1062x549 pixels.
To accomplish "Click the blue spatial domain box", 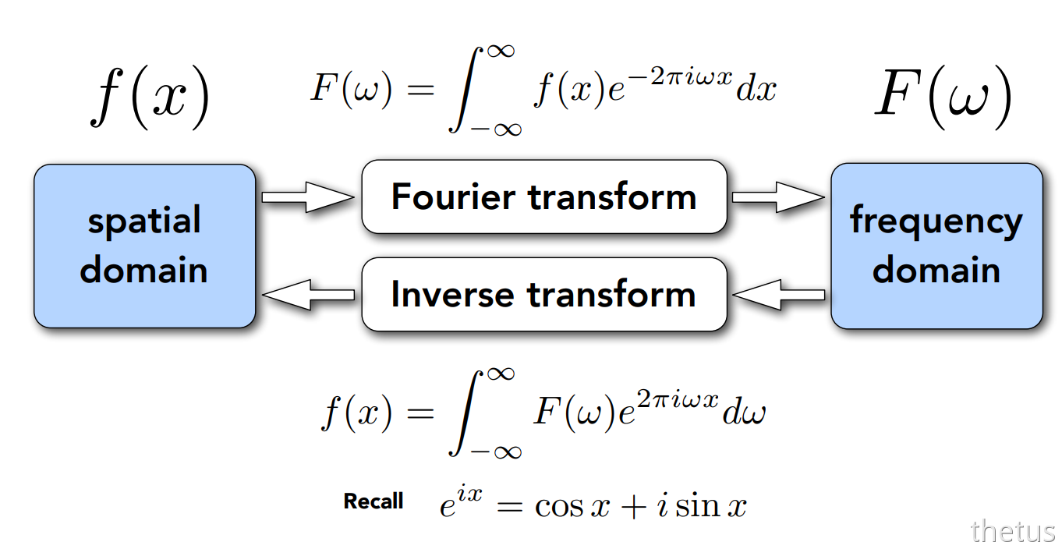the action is (x=144, y=246).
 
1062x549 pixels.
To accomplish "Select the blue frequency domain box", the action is (x=936, y=246).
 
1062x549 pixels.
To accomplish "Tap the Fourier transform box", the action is (x=544, y=197).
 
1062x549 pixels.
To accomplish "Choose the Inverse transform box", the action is (x=544, y=295).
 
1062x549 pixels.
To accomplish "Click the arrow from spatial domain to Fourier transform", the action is (x=308, y=197).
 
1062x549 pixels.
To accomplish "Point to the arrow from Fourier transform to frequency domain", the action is (x=778, y=197).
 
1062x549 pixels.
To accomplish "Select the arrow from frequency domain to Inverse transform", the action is (x=778, y=295).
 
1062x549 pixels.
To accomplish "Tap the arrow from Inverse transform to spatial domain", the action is (x=308, y=295).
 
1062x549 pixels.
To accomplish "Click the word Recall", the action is (x=373, y=501).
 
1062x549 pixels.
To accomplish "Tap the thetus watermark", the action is (x=1012, y=531).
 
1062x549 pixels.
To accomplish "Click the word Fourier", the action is (x=453, y=197).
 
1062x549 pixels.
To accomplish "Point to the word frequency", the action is (x=936, y=223).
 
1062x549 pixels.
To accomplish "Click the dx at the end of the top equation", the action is (x=756, y=90).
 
